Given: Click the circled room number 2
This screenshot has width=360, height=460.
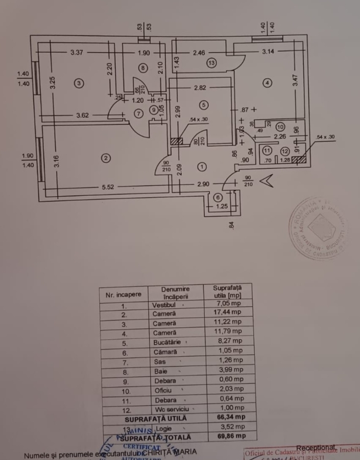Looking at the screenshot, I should (105, 158).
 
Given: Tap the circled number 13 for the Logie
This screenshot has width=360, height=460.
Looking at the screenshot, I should (212, 63).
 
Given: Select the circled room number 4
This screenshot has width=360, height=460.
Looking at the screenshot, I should (267, 83).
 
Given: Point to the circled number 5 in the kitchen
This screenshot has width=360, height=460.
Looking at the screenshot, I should (204, 105).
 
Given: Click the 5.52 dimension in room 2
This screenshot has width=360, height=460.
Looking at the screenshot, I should (108, 188).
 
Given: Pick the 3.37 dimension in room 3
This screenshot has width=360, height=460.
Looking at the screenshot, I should (77, 52).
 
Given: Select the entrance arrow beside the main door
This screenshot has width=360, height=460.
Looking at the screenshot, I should (266, 181).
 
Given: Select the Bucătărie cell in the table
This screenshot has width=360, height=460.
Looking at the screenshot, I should (167, 340).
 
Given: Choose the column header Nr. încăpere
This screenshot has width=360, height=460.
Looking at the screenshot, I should (123, 295).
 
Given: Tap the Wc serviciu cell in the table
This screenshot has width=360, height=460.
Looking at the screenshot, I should (168, 409).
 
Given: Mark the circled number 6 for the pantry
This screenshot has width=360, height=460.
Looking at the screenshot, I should (218, 198).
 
